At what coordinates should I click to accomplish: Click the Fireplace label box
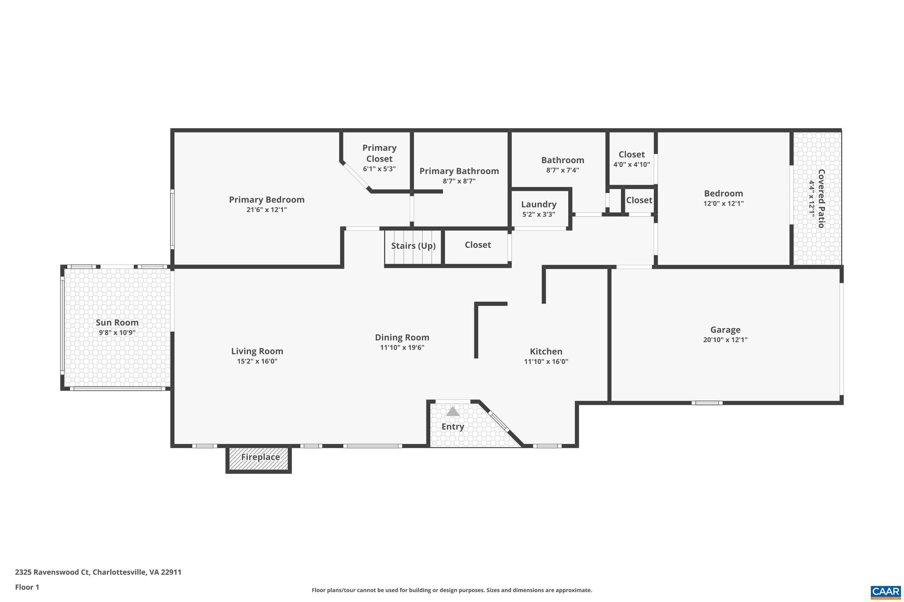(260, 457)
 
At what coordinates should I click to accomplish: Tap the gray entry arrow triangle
(452, 411)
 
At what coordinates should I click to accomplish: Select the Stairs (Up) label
(413, 246)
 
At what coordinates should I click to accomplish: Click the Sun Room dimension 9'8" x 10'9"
(117, 333)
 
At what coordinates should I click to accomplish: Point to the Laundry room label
(539, 204)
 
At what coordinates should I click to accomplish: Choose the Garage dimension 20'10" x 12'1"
(725, 340)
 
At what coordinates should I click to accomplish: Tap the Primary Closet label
(379, 153)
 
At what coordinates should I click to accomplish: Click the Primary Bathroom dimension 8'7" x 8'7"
(459, 181)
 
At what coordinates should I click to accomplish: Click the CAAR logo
(885, 591)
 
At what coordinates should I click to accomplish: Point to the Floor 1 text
(27, 587)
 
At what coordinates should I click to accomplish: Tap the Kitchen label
(546, 351)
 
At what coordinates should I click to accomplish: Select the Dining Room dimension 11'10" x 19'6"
(402, 348)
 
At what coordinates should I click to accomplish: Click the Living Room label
(257, 351)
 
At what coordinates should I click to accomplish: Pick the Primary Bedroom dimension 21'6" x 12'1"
(267, 209)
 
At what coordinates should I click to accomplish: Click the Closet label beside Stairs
(478, 245)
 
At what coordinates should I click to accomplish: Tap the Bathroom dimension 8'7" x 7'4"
(562, 170)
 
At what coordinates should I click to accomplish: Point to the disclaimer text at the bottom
(452, 590)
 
